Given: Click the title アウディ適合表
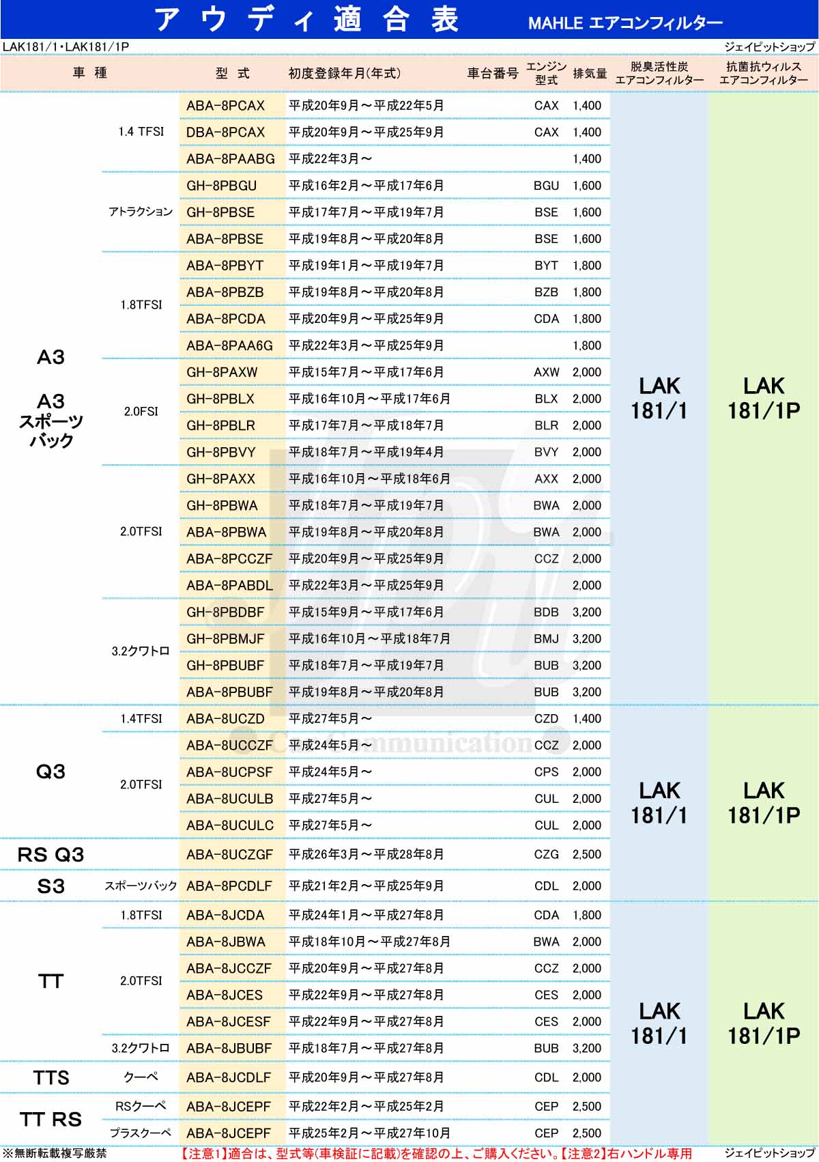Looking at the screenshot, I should [x=306, y=19].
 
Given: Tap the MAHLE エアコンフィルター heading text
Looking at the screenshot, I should [x=624, y=23].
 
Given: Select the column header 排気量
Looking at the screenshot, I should [x=590, y=73].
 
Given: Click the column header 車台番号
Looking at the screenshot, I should [x=492, y=73].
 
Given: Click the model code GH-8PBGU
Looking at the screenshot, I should [x=221, y=186].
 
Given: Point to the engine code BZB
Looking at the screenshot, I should [x=546, y=292].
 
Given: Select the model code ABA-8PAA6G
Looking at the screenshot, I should [x=229, y=346].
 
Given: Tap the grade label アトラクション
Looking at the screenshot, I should [x=141, y=212].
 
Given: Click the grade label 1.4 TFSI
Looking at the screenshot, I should [x=141, y=132].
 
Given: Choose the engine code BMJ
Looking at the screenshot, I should [x=546, y=639].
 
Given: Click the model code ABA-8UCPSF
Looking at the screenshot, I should [x=229, y=772].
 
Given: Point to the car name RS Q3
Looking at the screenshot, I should [x=51, y=854].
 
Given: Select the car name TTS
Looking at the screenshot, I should [x=51, y=1077].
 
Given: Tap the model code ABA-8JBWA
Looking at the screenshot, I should [x=226, y=942].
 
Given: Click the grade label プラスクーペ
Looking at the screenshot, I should [x=141, y=1133].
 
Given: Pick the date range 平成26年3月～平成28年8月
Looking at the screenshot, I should [x=366, y=854].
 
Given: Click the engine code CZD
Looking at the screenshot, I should [x=546, y=719].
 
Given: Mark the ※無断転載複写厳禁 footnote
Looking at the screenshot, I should [x=55, y=1153].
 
